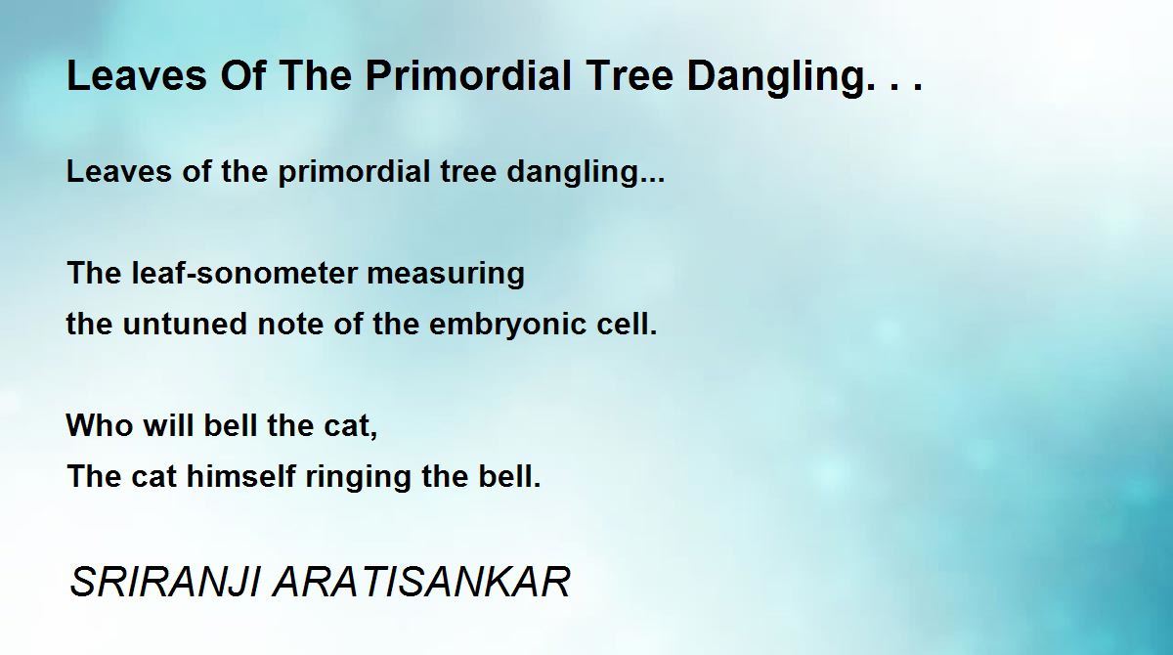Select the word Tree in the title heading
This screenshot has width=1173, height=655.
(629, 75)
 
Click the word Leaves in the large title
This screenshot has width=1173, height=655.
(137, 75)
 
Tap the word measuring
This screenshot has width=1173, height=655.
(446, 274)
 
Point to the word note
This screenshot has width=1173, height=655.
(289, 324)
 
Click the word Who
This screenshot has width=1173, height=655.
(100, 424)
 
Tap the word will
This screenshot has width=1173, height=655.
(168, 424)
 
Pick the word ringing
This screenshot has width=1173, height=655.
(358, 477)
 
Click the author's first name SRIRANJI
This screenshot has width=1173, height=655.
(165, 582)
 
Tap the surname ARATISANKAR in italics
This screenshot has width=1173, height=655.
(421, 582)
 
